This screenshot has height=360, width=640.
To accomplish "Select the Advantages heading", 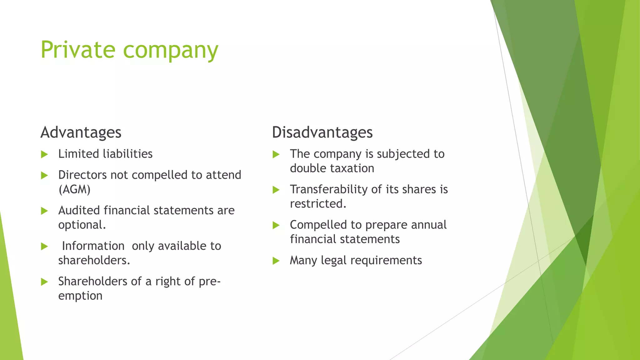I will [81, 132].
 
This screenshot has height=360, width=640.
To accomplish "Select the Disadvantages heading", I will [322, 132].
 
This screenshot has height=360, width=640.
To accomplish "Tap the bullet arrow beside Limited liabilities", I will [44, 154].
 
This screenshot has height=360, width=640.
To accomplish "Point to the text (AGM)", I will [74, 189].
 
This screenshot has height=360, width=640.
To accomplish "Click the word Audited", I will [79, 210].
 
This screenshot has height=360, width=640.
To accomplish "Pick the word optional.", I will [82, 225].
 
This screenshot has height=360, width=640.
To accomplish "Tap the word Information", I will [93, 246].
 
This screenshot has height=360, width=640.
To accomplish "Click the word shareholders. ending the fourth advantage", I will [94, 260].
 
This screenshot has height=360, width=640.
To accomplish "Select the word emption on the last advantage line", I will [80, 296].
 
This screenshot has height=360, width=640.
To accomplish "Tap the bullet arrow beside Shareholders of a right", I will [44, 282].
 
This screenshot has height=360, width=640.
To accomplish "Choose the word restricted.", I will [318, 204].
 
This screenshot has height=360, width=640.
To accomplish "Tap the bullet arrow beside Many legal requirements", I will [276, 261].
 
